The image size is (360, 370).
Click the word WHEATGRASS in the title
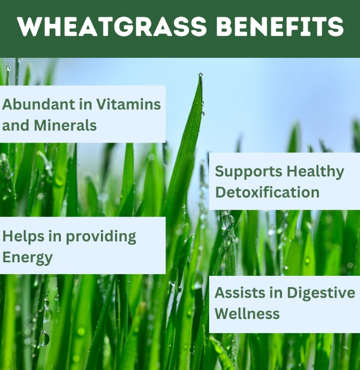(112, 26)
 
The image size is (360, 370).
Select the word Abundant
(38, 104)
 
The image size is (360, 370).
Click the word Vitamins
(128, 104)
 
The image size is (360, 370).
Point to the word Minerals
(66, 125)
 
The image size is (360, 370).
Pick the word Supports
(249, 172)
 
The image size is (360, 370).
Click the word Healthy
(315, 172)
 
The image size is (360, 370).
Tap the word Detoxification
(267, 192)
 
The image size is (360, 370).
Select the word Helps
(23, 237)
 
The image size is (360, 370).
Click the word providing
(101, 237)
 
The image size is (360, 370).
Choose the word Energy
(28, 258)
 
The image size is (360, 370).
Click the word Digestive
(321, 294)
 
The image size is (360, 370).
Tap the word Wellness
(247, 314)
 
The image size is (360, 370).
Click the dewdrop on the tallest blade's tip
(200, 75)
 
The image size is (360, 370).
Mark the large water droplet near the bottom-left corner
(44, 338)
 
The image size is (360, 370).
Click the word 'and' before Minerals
(16, 125)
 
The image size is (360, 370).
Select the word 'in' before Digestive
(278, 292)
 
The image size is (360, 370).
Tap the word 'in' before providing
(55, 236)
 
